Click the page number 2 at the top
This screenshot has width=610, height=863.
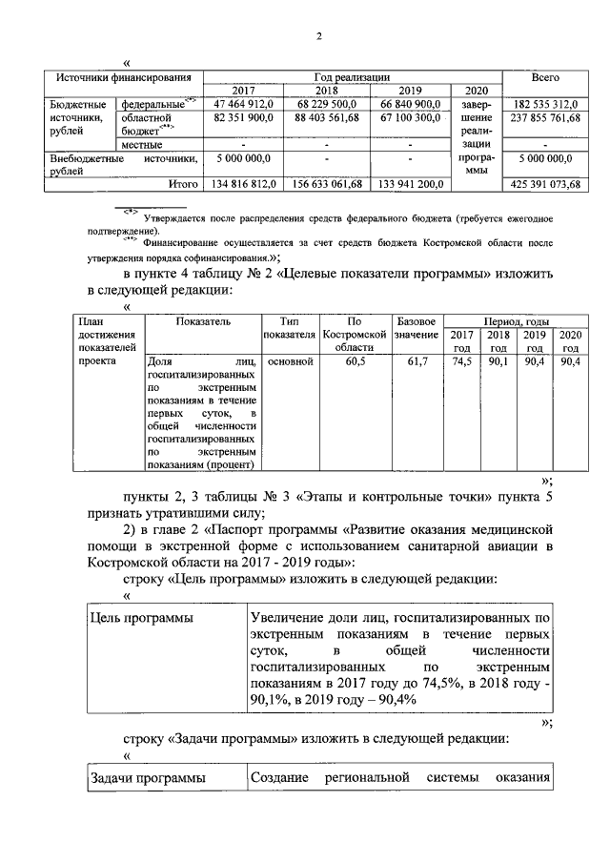(320, 36)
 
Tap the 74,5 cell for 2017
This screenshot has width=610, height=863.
(461, 362)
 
